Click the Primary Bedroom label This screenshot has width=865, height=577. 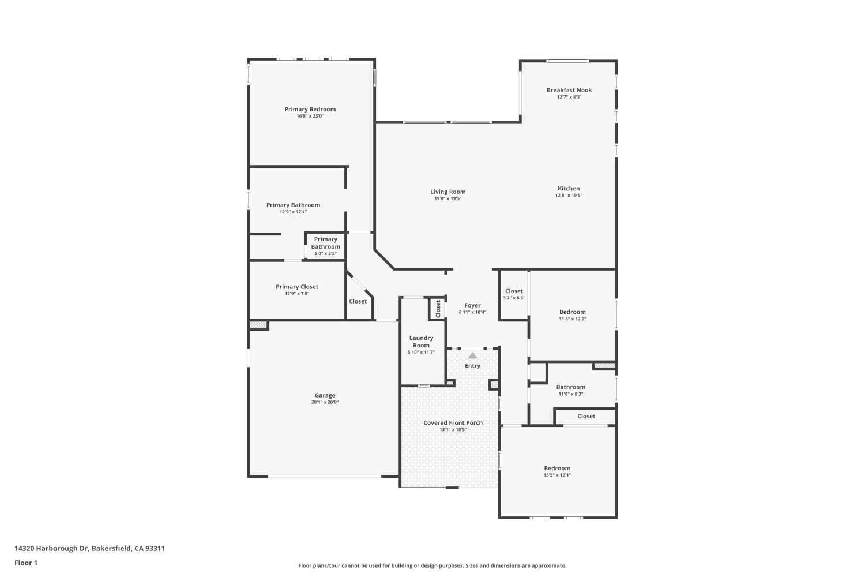pos(310,110)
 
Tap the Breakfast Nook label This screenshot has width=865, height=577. pos(569,90)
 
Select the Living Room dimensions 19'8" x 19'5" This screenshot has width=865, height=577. pos(448,198)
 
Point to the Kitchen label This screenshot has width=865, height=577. pos(569,189)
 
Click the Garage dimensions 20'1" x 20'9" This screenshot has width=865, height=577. pos(325,402)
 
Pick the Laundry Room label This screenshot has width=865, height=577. pos(422,342)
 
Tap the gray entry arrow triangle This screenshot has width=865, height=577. pos(473,355)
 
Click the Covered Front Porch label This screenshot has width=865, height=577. pos(453,423)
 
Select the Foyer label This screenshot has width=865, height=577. pos(473,305)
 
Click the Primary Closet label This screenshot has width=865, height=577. pos(297,287)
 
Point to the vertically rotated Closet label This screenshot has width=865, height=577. pos(438,309)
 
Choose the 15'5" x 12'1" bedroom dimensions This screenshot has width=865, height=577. pos(557,475)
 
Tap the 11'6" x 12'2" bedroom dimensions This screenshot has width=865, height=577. pos(573,319)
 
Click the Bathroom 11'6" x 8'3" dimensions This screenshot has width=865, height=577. pos(571,394)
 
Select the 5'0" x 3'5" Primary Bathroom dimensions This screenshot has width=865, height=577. pos(326,253)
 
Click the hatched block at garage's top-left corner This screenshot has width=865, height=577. pos(258,325)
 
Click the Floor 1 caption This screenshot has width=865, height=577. pos(26,563)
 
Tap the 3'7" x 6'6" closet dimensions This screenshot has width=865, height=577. pos(514,298)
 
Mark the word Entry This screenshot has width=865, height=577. pos(473,366)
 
